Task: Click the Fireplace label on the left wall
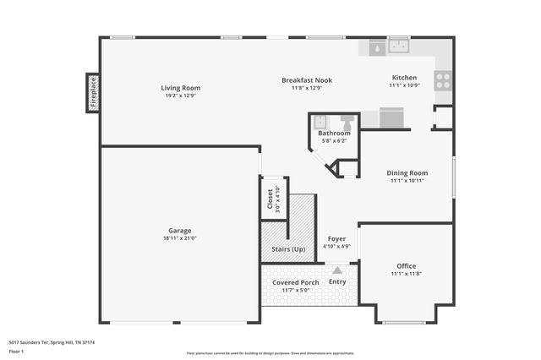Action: (92, 93)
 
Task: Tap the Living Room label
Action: (180, 87)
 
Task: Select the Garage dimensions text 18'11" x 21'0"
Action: (179, 238)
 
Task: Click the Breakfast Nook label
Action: (306, 80)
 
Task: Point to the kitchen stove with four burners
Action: (443, 80)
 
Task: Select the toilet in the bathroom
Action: (347, 121)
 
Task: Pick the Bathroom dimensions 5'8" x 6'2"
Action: (334, 141)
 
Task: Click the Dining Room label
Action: (407, 172)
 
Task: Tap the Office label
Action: (407, 266)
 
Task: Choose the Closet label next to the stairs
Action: (270, 199)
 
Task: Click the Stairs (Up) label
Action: (288, 249)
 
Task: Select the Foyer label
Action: (337, 238)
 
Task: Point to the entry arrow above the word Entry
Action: (337, 270)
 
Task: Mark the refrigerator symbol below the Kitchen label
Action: (391, 117)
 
